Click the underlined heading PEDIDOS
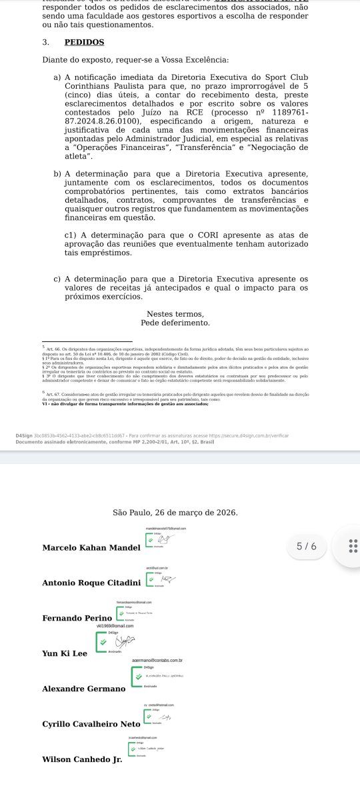[x=85, y=42]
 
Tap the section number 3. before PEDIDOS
[x=45, y=42]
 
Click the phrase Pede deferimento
[x=175, y=323]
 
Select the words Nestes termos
[x=175, y=314]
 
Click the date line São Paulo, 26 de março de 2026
[x=175, y=513]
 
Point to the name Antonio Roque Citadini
[x=95, y=583]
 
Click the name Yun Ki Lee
[x=65, y=653]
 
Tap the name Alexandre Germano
[x=83, y=689]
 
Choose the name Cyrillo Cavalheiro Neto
[x=91, y=724]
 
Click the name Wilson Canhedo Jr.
[x=82, y=759]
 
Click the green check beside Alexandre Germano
[x=140, y=676]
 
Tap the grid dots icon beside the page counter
[x=353, y=547]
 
